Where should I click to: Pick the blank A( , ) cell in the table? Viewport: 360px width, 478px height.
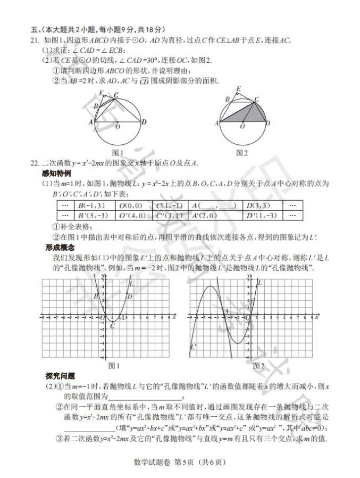point(213,205)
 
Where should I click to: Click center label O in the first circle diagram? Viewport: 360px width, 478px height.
point(118,127)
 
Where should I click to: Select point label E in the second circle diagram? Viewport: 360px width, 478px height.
point(238,88)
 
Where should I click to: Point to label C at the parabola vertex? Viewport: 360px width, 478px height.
point(112,326)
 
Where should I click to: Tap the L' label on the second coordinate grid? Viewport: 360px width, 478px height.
point(193,347)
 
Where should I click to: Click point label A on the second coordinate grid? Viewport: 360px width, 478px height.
point(226,312)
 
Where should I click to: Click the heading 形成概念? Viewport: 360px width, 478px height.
point(58,248)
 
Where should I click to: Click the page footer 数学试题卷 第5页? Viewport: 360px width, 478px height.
point(180,461)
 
